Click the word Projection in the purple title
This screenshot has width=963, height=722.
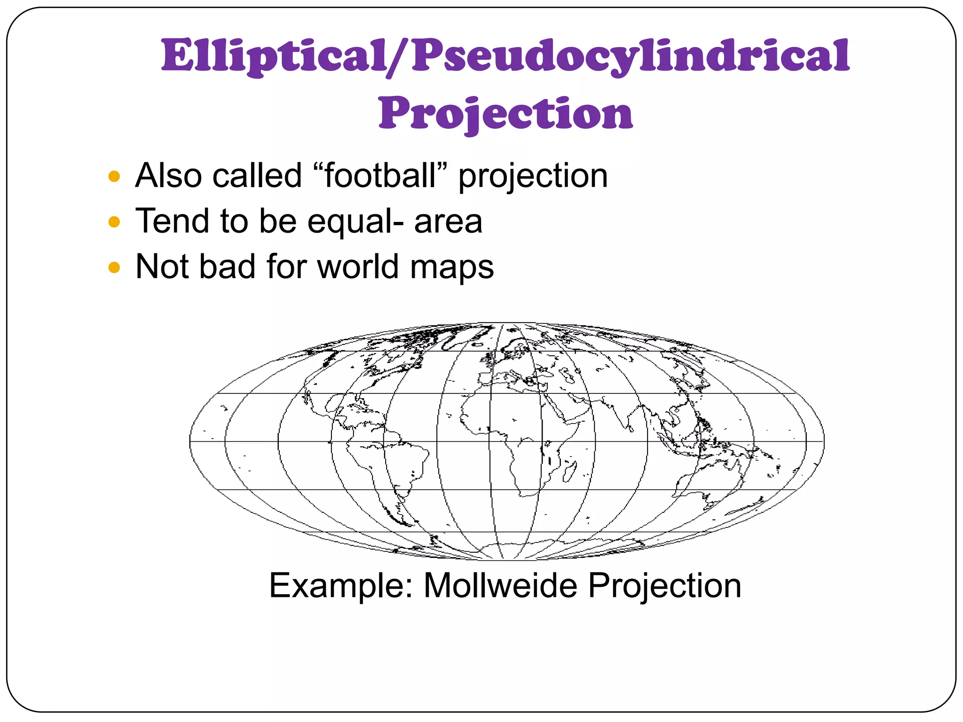[505, 114]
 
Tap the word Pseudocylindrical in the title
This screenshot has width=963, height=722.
[631, 56]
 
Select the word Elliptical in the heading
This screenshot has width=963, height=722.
[275, 56]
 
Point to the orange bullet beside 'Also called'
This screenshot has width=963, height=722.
[114, 177]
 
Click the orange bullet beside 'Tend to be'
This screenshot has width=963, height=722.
[114, 222]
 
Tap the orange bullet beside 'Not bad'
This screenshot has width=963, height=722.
[114, 267]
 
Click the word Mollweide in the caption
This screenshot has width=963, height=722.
[501, 586]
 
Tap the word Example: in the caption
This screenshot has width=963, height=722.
[340, 586]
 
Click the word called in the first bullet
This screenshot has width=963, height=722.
[257, 176]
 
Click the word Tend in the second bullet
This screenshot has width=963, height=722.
[172, 221]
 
